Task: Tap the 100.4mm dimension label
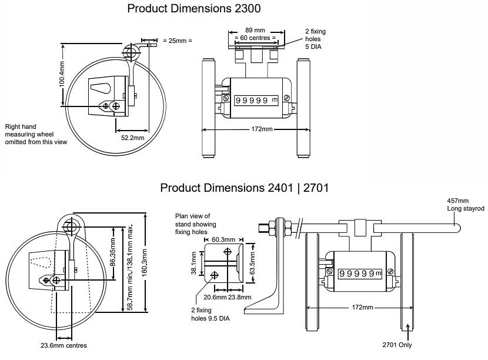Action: pyautogui.click(x=61, y=75)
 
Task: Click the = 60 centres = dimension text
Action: pyautogui.click(x=255, y=38)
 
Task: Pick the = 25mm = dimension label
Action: pyautogui.click(x=178, y=41)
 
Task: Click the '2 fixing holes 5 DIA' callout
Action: pyautogui.click(x=315, y=38)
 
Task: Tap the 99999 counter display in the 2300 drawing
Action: pyautogui.click(x=253, y=101)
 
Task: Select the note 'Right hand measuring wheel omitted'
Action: pyautogui.click(x=36, y=134)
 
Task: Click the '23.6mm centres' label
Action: pyautogui.click(x=64, y=345)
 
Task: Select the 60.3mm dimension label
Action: pyautogui.click(x=223, y=239)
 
